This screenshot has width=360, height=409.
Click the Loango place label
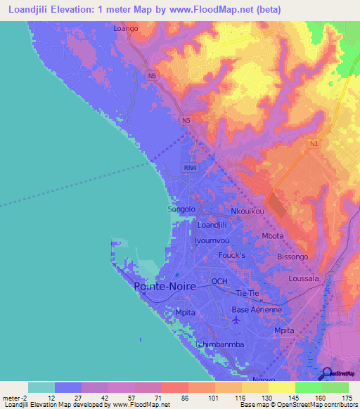tap(126, 30)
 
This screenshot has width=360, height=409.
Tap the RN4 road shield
tap(189, 168)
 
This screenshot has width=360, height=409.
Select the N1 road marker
tap(314, 143)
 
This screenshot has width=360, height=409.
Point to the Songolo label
tap(181, 209)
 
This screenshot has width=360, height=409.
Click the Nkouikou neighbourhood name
tap(247, 211)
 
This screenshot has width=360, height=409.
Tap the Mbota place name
tap(273, 236)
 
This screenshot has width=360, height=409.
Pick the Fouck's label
tap(231, 255)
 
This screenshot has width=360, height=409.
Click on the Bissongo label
tap(292, 257)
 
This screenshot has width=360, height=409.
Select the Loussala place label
tap(304, 279)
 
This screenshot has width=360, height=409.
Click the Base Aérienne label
tap(257, 310)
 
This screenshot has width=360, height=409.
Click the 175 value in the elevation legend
tap(345, 398)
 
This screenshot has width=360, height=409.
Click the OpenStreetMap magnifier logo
tap(326, 374)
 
